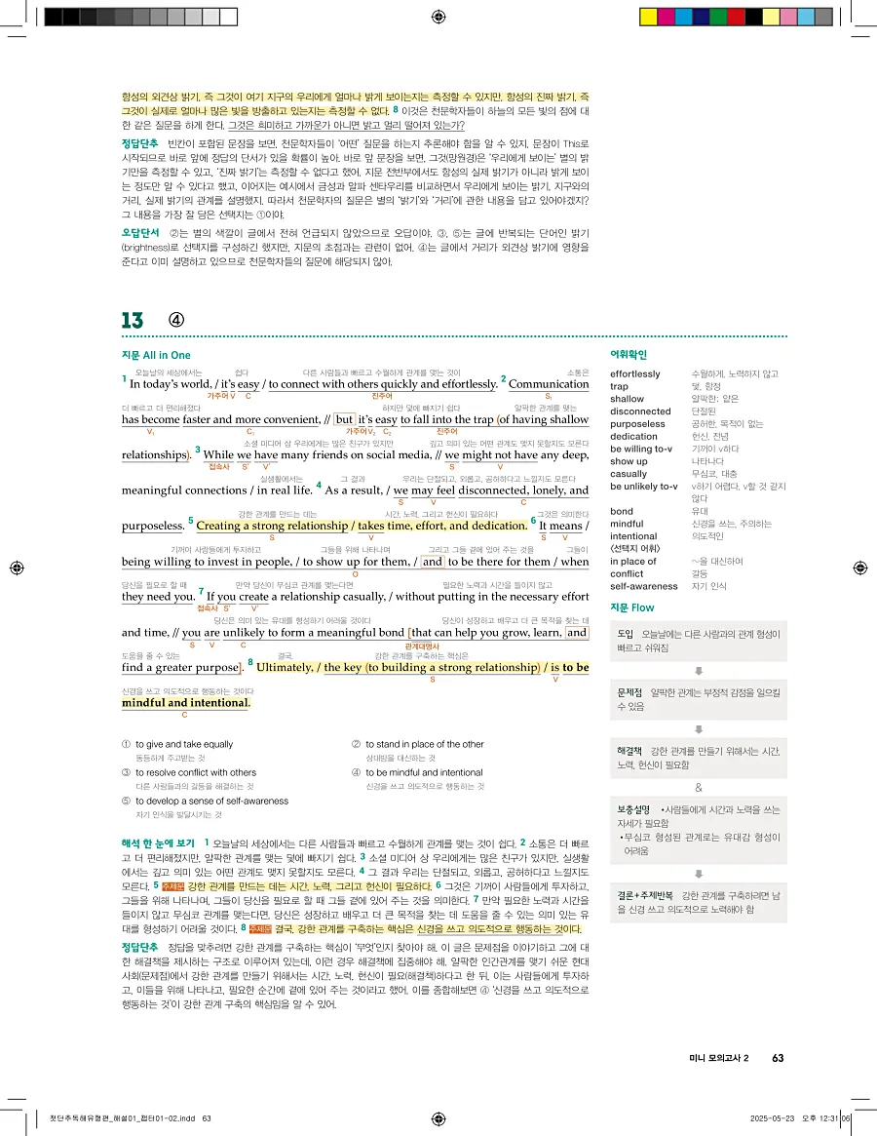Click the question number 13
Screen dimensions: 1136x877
pyautogui.click(x=133, y=320)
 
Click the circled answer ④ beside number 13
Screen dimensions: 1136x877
pyautogui.click(x=176, y=320)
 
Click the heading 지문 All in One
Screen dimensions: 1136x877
pyautogui.click(x=156, y=355)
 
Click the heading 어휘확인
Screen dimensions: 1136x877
pyautogui.click(x=629, y=354)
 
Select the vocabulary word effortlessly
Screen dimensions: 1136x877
pyautogui.click(x=634, y=373)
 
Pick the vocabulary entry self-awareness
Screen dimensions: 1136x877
pyautogui.click(x=643, y=586)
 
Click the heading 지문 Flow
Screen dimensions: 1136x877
pyautogui.click(x=631, y=607)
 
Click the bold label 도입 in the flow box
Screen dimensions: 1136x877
pyautogui.click(x=626, y=634)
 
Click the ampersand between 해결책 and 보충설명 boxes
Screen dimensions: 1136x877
pyautogui.click(x=698, y=787)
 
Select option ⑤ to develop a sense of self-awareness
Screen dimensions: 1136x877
pyautogui.click(x=210, y=801)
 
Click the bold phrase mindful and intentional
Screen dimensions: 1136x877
pyautogui.click(x=185, y=702)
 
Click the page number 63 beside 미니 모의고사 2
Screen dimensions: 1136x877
pyautogui.click(x=777, y=1057)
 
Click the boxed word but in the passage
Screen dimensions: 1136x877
pyautogui.click(x=344, y=420)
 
